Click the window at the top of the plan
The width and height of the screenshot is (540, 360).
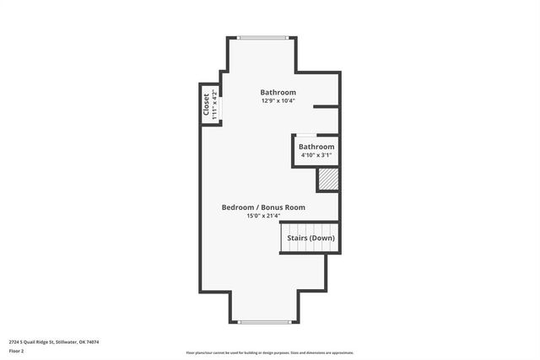pos(263,37)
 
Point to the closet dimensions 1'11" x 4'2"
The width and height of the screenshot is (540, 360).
pos(214,105)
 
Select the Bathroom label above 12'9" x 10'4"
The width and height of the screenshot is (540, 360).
pos(278,93)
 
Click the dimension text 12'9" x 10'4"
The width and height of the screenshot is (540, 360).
pos(278,101)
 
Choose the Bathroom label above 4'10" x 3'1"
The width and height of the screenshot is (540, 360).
pos(316,147)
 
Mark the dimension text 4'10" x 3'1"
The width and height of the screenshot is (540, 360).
pos(316,155)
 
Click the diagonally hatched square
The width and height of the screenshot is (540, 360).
pos(327,180)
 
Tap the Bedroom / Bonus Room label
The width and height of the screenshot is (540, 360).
pos(263,207)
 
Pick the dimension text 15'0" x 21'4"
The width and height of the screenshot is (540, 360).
pos(263,217)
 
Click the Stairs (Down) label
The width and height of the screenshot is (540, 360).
pos(310,238)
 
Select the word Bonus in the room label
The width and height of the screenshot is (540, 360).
pos(273,207)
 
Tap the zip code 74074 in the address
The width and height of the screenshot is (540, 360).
pos(92,341)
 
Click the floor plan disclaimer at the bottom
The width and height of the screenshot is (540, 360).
pos(270,352)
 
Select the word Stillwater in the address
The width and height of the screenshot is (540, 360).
pos(66,341)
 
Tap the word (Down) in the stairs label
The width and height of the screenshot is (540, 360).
pos(321,238)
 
